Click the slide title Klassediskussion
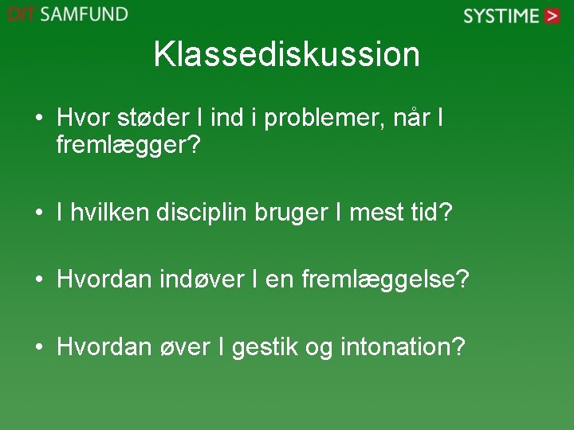(x=286, y=54)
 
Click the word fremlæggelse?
(x=386, y=279)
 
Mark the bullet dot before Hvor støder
(x=38, y=120)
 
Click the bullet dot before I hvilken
(x=38, y=213)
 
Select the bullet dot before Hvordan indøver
(x=38, y=280)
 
